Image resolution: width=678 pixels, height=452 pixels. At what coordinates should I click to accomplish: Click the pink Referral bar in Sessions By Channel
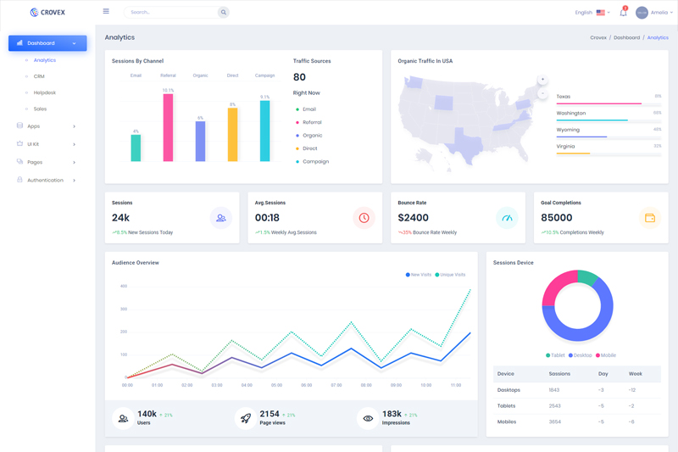tap(168, 127)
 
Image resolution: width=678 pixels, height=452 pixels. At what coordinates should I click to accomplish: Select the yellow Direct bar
tap(232, 134)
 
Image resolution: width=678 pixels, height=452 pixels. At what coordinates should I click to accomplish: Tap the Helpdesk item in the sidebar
tap(45, 92)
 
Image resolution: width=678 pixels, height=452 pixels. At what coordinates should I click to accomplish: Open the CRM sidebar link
tap(39, 76)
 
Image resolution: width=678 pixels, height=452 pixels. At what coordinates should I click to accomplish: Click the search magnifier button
tap(223, 13)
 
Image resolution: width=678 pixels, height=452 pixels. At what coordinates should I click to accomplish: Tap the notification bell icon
tap(623, 13)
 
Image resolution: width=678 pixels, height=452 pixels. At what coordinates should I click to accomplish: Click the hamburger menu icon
tap(106, 12)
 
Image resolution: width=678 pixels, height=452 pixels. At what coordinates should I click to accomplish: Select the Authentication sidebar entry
tap(45, 180)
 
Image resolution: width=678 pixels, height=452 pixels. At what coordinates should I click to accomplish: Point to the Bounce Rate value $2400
tap(414, 218)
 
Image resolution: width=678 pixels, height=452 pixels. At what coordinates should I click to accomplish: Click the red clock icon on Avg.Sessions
tap(364, 218)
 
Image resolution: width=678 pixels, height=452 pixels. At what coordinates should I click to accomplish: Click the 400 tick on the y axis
tap(124, 286)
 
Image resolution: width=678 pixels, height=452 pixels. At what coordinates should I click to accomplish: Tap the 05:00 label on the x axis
tap(276, 385)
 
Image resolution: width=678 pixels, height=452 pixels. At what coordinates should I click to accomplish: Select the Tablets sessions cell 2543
tap(553, 405)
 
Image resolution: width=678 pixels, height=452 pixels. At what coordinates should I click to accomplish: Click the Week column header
tap(635, 374)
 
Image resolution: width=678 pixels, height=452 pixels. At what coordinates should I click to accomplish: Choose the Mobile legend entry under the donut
tap(608, 355)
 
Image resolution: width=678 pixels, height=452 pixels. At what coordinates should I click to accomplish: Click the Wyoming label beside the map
tap(568, 130)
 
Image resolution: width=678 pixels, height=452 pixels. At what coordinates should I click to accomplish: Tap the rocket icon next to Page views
tap(246, 417)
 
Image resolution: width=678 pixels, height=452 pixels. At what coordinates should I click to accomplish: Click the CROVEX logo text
tap(52, 13)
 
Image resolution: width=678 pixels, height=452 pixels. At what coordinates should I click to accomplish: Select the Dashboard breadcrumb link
tap(626, 37)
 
